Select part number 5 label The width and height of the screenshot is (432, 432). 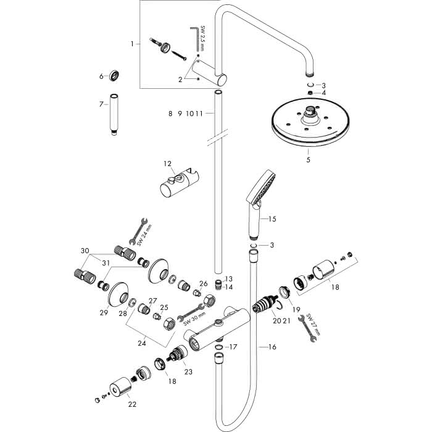[x=308, y=159]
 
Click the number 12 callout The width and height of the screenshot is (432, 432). [x=167, y=164]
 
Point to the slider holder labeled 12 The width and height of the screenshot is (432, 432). [x=180, y=182]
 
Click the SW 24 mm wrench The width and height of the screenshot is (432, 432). [x=138, y=231]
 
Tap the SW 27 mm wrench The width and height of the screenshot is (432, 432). [x=308, y=328]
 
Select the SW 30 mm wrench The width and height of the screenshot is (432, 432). [x=191, y=312]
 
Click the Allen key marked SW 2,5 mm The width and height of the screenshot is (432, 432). [x=194, y=38]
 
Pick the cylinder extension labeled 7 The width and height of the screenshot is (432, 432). [x=114, y=114]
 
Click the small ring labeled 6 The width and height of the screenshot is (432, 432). [x=114, y=75]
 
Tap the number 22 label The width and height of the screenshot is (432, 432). [x=132, y=404]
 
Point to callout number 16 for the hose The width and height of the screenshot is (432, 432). [x=272, y=347]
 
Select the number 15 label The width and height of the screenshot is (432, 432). [x=272, y=219]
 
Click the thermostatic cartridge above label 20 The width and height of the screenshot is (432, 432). [x=264, y=304]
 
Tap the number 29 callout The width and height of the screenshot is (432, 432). [x=104, y=313]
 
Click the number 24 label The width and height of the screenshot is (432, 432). [x=142, y=343]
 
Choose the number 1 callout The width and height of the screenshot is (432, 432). [x=132, y=44]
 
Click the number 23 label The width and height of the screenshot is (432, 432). [x=188, y=372]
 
